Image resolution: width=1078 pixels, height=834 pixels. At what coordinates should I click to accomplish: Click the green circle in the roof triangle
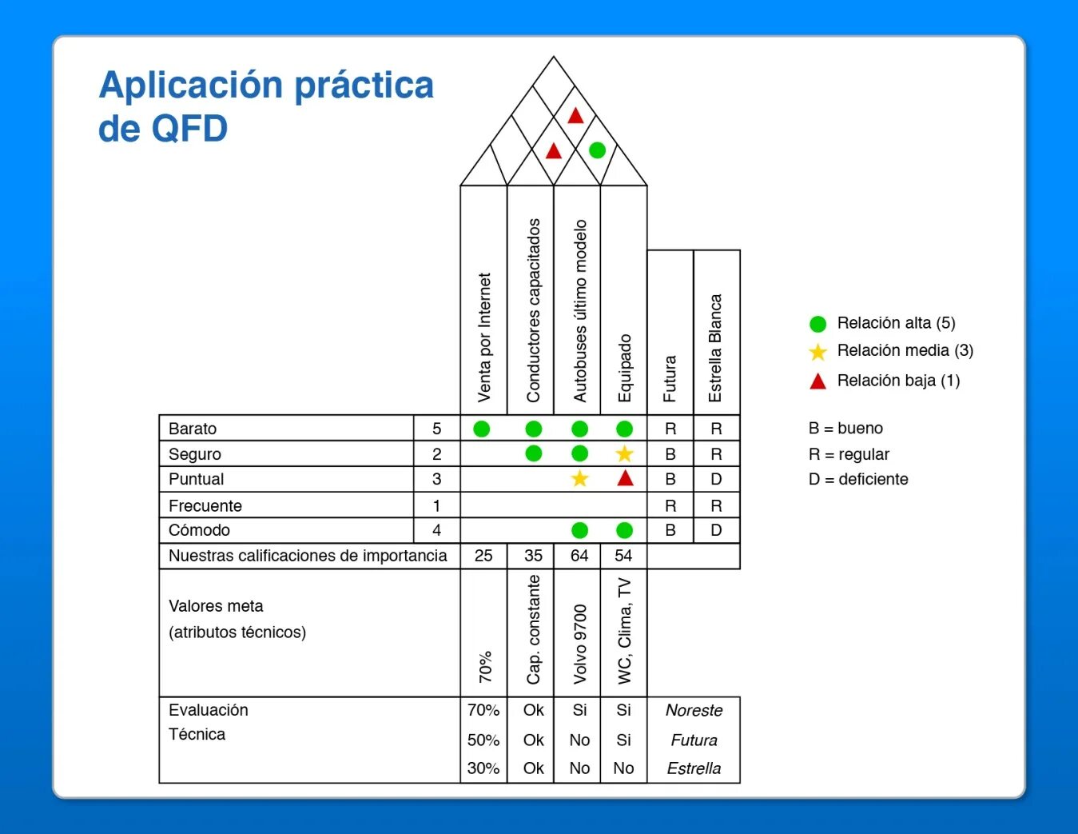597,150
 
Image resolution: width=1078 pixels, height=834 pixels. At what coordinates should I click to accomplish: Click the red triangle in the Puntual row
625,478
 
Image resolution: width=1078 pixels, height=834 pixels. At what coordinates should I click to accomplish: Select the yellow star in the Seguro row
624,454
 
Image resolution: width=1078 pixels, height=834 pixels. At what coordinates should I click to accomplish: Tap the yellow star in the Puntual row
579,478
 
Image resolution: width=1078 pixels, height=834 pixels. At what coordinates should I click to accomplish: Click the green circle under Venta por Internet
481,429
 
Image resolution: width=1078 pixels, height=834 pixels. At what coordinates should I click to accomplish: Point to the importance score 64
579,556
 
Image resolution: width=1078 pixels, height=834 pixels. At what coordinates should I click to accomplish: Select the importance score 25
483,556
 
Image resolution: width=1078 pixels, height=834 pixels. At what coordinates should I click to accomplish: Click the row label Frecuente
205,505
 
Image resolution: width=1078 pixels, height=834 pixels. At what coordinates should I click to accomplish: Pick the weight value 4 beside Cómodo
436,530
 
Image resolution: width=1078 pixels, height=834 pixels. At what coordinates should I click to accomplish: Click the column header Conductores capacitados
533,310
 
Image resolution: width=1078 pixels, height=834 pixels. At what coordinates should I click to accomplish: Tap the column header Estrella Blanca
715,348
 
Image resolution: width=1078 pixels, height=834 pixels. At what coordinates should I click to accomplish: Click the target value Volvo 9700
580,644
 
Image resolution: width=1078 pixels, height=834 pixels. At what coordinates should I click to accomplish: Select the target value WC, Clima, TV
624,630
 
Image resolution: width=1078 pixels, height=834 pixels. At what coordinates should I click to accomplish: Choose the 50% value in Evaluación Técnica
483,740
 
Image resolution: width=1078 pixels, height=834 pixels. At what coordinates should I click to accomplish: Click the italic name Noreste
694,710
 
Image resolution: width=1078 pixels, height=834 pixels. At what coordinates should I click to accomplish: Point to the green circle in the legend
817,324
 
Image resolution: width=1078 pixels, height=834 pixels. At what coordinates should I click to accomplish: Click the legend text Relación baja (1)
898,381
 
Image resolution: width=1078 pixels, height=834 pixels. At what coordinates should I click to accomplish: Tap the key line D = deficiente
858,479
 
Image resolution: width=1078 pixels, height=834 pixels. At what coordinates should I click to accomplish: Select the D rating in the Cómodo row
716,530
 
